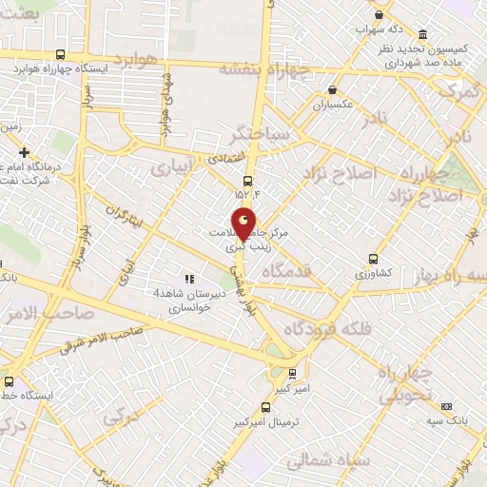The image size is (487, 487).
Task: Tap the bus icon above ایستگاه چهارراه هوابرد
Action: tap(61, 55)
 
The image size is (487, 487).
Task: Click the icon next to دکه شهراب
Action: tap(380, 14)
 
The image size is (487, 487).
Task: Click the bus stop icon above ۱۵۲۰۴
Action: tap(248, 180)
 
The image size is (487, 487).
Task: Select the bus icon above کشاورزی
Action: tap(373, 258)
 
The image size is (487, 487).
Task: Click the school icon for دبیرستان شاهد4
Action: tap(189, 279)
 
